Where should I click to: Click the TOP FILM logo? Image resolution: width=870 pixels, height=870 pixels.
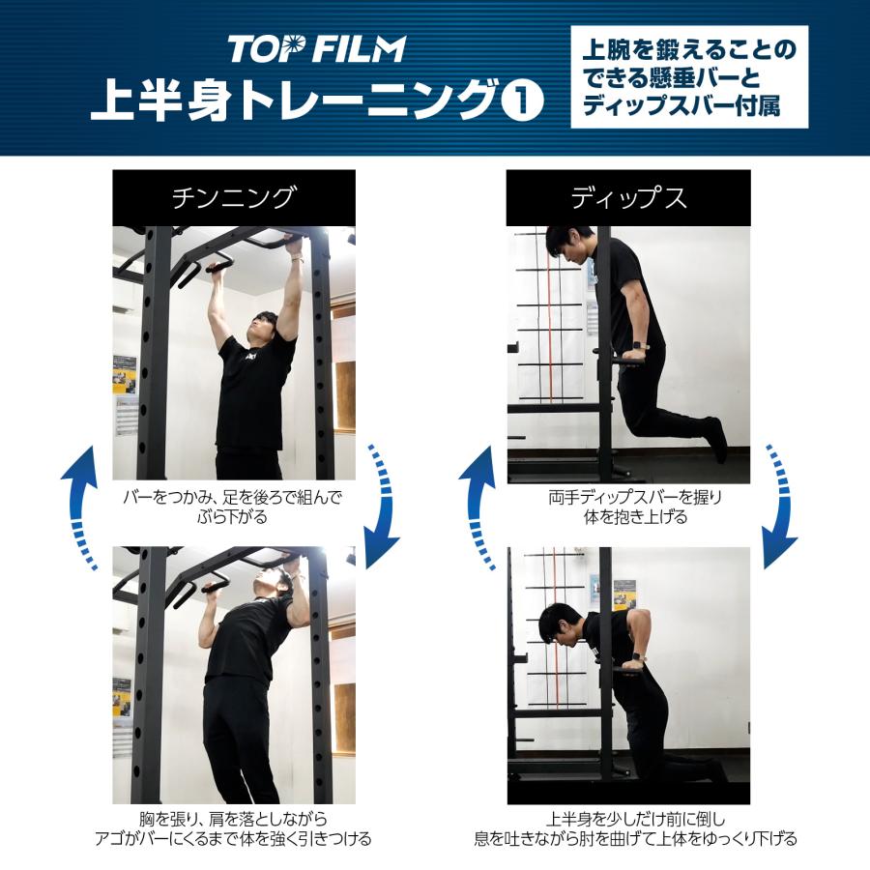pos(316,48)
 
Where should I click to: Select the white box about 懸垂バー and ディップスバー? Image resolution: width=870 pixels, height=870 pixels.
pos(688,77)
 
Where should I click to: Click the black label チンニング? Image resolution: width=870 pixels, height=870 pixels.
pos(233,198)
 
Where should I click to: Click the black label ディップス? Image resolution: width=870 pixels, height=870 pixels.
pos(628,198)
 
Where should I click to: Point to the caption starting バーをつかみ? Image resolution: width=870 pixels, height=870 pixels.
pos(233,507)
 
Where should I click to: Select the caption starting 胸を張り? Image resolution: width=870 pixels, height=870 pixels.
pos(233,828)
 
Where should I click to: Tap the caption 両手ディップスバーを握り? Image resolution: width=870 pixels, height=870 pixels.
pos(628,507)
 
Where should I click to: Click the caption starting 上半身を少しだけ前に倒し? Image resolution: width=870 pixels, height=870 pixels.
pos(628,828)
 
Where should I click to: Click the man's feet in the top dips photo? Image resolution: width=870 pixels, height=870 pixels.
pos(716,436)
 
